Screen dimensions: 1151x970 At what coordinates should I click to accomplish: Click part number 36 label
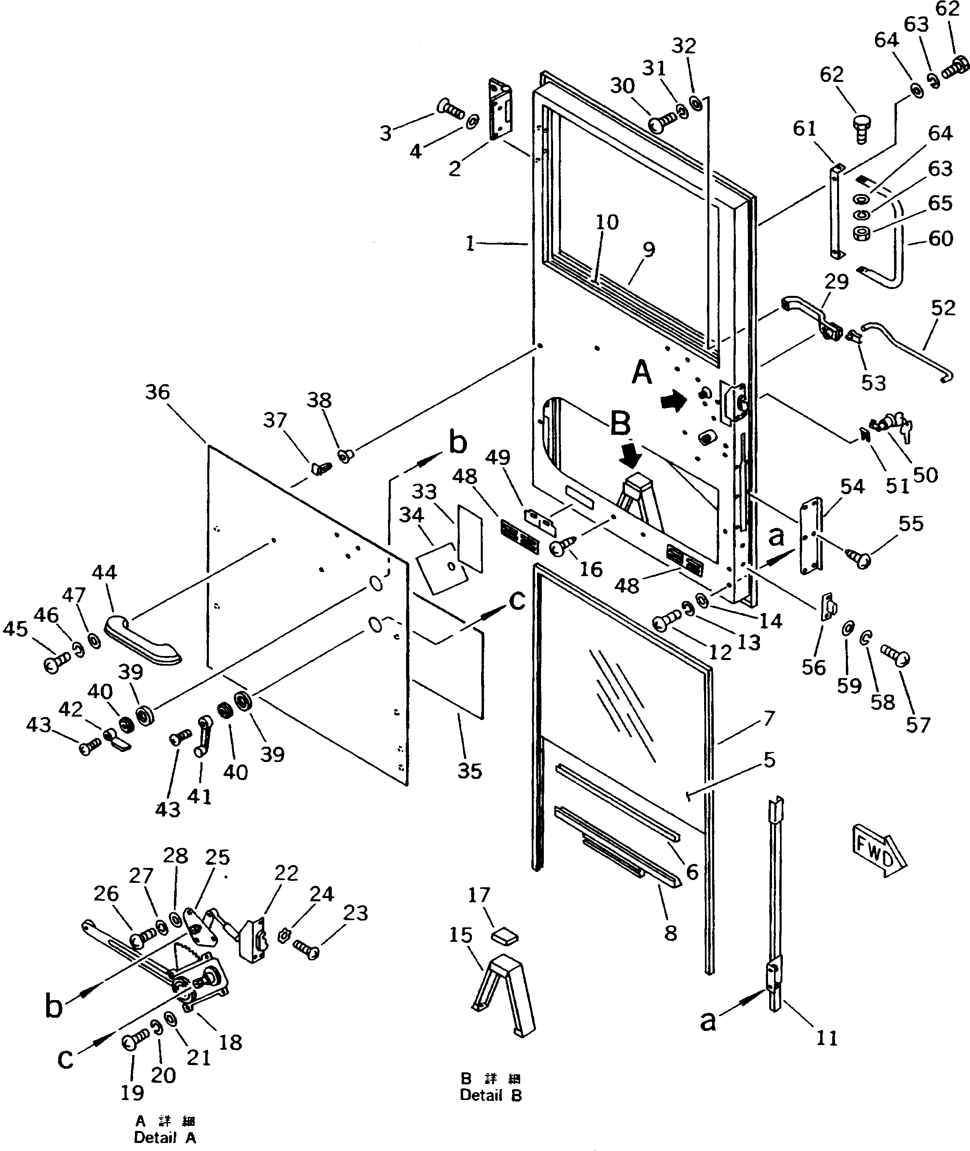(x=157, y=393)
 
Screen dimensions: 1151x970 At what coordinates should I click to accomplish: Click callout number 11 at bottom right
(x=827, y=1038)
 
